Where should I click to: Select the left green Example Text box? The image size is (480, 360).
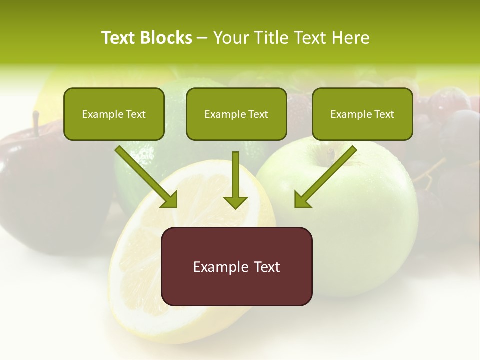click(114, 114)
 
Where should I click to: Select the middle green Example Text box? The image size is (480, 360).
click(236, 114)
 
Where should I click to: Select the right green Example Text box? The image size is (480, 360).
click(362, 114)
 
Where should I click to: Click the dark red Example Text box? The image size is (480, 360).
click(236, 266)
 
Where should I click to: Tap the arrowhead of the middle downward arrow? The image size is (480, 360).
click(235, 201)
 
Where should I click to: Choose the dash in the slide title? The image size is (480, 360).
click(202, 38)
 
